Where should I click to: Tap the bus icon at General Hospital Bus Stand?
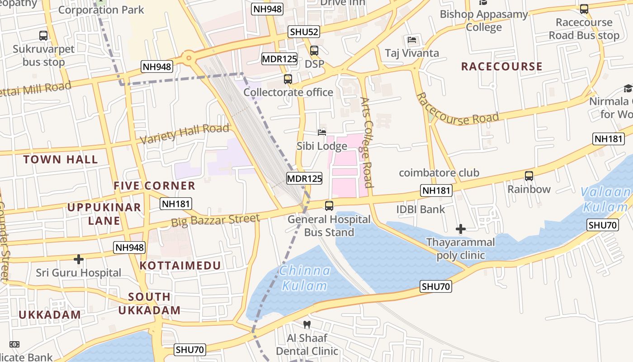coord(329,206)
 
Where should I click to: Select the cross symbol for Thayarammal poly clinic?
coord(460,229)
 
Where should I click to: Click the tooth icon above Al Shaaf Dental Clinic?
coord(307,324)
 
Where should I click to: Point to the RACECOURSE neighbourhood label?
coord(501,67)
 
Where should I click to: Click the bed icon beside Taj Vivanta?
coord(411,40)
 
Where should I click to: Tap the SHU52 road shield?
coord(304,32)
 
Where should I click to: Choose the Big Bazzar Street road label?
coord(216,220)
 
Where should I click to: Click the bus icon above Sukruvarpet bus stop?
coord(43,35)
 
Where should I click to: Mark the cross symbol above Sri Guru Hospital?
coord(79,259)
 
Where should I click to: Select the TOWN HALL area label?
coord(61,159)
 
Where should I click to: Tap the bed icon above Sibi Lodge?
coord(322,133)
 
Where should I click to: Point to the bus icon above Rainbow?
coord(529,176)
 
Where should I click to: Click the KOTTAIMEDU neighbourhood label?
coord(180,266)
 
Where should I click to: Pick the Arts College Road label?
coord(367,142)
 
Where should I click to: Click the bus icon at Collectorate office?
coord(288,79)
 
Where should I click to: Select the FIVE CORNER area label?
coord(154,186)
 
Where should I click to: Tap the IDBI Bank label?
coord(420,209)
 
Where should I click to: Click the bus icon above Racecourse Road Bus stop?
coord(584,9)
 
